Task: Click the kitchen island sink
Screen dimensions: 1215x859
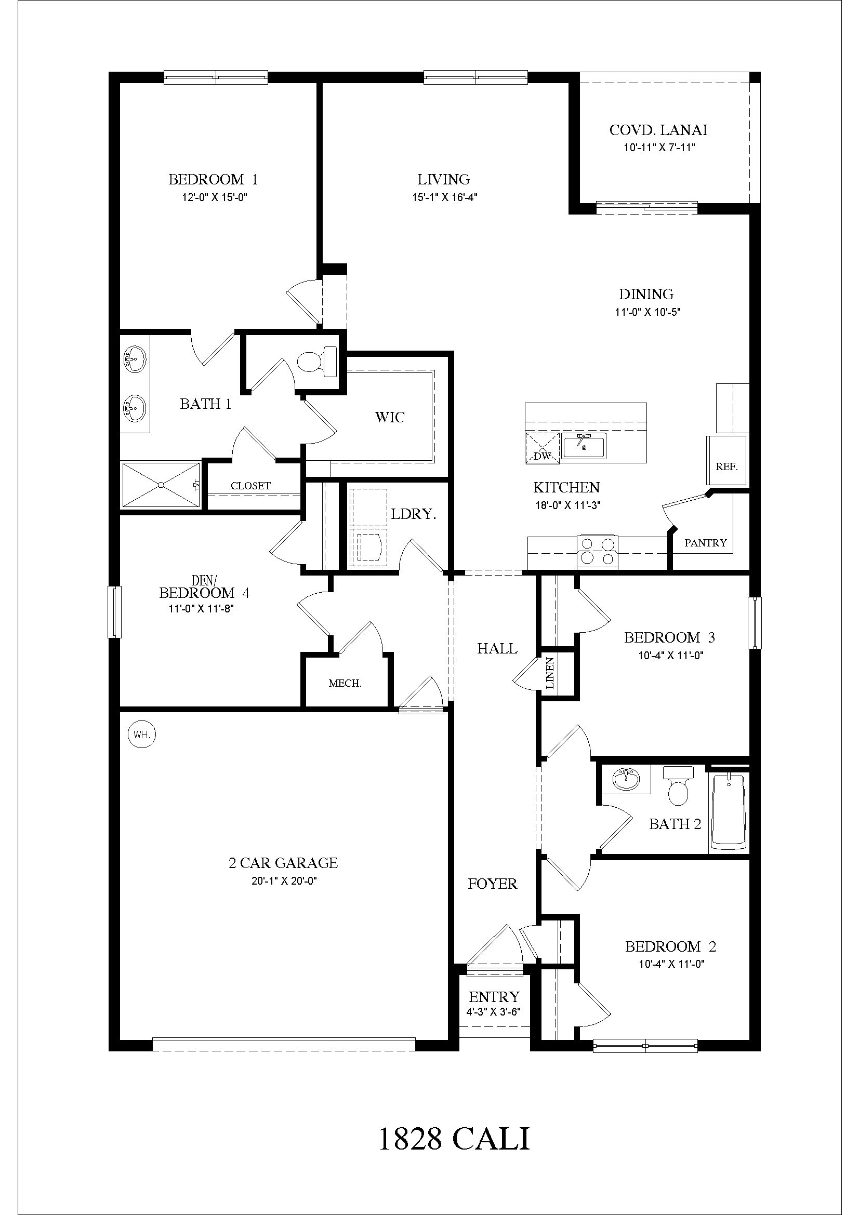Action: coord(584,446)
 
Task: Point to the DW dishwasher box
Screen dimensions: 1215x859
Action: coord(542,448)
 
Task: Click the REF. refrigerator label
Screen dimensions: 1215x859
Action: coord(726,467)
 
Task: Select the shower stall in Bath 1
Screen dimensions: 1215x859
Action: coord(161,484)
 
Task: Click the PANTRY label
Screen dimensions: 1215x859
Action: coord(705,543)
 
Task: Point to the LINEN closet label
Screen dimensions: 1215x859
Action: coord(550,673)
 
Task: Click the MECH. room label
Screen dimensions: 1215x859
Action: coord(345,683)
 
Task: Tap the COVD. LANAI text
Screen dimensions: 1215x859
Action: coord(658,130)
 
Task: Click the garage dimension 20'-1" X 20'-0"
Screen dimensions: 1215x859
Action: coord(284,881)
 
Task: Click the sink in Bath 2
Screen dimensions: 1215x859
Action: coord(626,779)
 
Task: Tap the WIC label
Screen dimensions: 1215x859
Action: coord(390,417)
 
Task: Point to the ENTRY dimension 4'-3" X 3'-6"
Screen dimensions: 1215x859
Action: coord(494,1011)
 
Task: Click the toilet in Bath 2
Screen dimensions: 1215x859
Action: coord(678,785)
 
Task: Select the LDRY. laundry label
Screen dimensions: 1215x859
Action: coord(413,514)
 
